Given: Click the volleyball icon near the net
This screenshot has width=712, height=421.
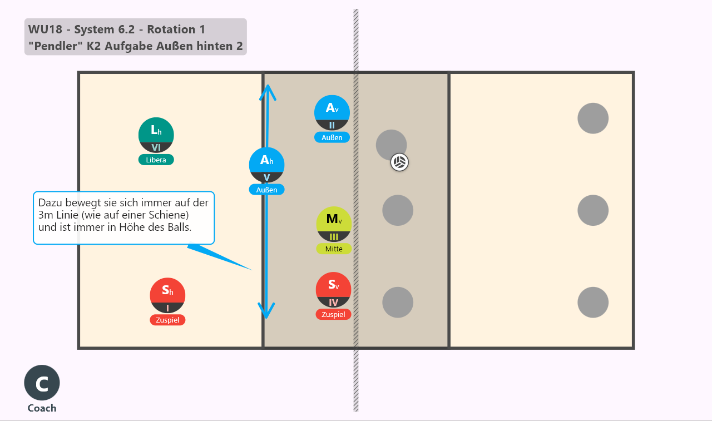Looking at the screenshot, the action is click(399, 162).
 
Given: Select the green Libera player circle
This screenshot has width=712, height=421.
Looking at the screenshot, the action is click(156, 135).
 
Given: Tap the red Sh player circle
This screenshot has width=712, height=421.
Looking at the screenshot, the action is click(167, 295).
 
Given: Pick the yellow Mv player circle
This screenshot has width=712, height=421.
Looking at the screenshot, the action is click(334, 224).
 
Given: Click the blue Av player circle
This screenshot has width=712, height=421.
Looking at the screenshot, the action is click(332, 113).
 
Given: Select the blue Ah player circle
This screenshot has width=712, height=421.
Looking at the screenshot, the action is click(266, 165).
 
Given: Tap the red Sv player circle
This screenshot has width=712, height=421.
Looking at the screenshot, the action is click(333, 290).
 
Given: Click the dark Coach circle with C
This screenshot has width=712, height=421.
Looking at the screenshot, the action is click(42, 383).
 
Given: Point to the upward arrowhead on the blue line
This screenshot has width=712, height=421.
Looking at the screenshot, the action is click(268, 92).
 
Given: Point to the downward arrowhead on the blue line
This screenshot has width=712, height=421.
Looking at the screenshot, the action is click(266, 311).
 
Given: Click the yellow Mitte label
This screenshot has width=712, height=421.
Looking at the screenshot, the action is click(334, 249).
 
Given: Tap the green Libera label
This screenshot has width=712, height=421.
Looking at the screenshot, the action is click(156, 160).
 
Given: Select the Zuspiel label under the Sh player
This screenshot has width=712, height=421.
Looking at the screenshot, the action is click(167, 320).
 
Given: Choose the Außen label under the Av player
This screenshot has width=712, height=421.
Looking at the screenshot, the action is click(332, 137).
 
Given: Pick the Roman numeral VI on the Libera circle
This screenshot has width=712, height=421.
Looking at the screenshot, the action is click(156, 147).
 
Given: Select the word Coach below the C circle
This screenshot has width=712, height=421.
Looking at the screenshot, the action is click(42, 408).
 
